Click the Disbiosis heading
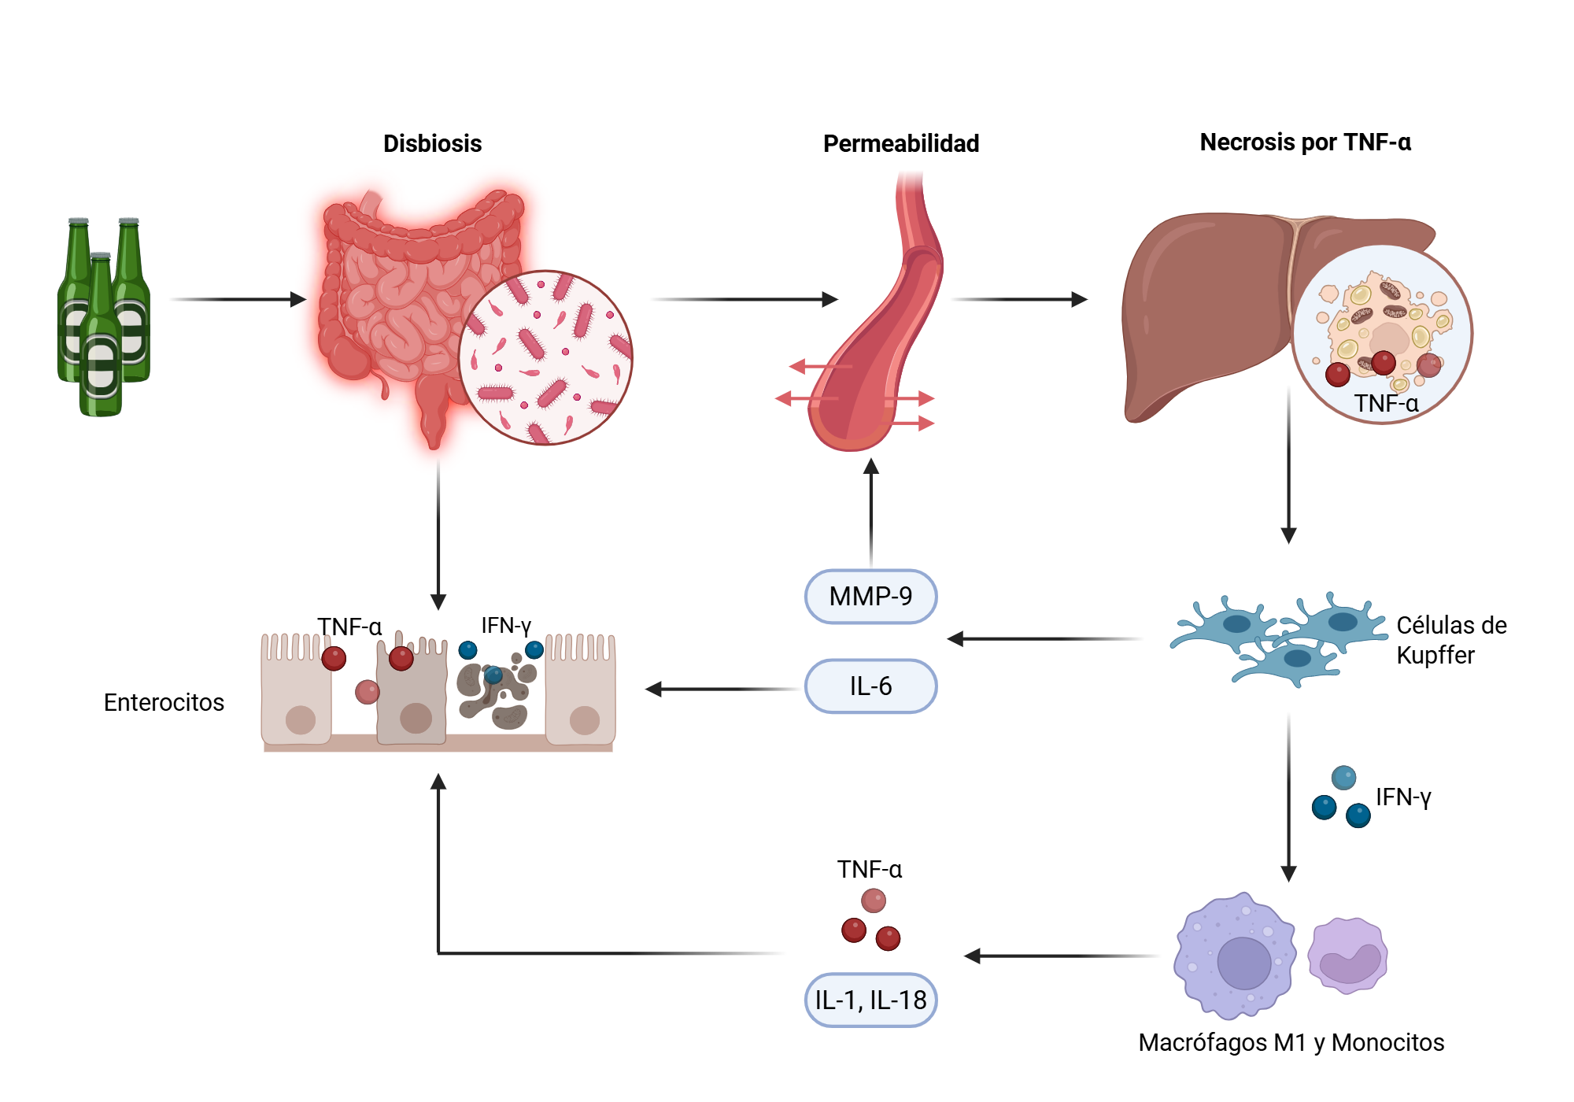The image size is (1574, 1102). coord(432,143)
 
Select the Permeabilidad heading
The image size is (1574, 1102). coord(900,143)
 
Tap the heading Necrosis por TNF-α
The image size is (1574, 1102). coord(1304,142)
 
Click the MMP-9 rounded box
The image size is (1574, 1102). coord(870,597)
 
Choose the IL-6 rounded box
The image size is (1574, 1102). coord(870,686)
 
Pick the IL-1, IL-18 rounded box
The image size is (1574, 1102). coord(870,1000)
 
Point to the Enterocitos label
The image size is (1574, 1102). coord(164,702)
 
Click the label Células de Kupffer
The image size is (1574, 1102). coord(1450,640)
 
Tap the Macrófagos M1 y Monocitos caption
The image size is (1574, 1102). coord(1291,1042)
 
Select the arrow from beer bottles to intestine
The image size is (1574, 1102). coord(236,299)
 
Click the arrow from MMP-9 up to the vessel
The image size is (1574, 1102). coord(870,512)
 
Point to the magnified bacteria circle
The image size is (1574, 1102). coord(545,358)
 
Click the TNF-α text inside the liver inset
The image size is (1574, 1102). coord(1386,403)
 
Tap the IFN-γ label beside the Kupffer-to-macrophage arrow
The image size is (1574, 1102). coord(1403,797)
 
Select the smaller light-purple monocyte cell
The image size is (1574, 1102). coord(1347,956)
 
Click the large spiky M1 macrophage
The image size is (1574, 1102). coord(1235,956)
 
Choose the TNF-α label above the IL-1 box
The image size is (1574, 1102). coord(869,869)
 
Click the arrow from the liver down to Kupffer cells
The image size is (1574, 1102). coord(1288,464)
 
